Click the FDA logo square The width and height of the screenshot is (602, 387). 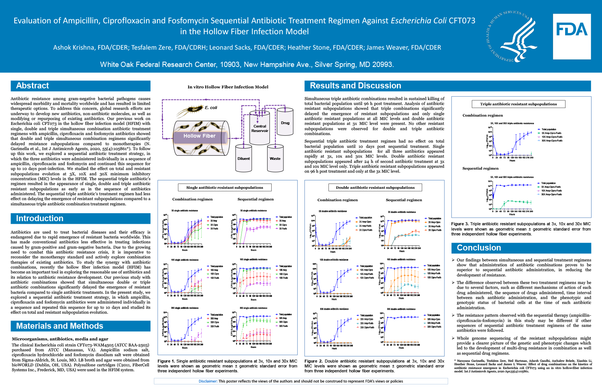[x=572, y=36]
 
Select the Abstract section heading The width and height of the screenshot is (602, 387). [x=33, y=86]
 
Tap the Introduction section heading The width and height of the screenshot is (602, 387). [x=40, y=219]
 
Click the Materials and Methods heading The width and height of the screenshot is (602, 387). [x=59, y=326]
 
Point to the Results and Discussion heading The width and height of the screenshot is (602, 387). [x=355, y=86]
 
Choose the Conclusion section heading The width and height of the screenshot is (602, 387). [x=479, y=248]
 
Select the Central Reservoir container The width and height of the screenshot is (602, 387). [x=260, y=129]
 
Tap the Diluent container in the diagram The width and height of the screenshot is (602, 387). [x=243, y=158]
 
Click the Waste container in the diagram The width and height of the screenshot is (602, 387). [x=275, y=158]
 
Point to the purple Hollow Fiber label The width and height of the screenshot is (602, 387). [x=199, y=136]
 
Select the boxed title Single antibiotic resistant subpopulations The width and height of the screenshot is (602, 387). [x=225, y=187]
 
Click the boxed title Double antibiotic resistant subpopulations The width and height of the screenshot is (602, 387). [x=375, y=187]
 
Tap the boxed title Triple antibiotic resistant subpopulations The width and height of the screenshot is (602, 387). [x=518, y=104]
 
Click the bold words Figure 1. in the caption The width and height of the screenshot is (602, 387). [x=166, y=361]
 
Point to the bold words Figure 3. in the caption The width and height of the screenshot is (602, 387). [x=460, y=224]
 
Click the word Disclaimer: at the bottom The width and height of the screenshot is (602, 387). [x=208, y=381]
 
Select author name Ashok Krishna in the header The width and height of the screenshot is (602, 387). [x=73, y=47]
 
